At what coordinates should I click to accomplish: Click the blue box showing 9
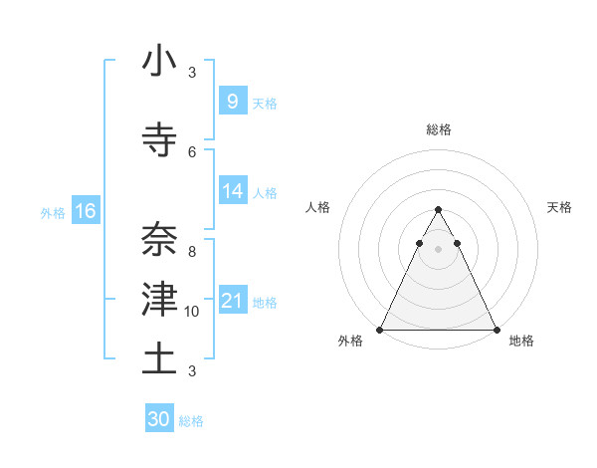point(232,101)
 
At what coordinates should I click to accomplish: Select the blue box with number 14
point(233,191)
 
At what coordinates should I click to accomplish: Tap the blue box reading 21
point(233,301)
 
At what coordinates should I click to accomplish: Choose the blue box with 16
point(85,211)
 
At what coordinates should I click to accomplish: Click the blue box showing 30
point(159,419)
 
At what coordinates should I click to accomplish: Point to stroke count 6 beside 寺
point(192,151)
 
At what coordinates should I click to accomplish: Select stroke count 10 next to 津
point(192,312)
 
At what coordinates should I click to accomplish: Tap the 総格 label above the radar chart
point(438,129)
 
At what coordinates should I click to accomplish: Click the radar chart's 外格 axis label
point(350,341)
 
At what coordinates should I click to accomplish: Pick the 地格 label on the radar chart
point(521,341)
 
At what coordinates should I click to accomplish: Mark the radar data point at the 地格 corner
point(496,330)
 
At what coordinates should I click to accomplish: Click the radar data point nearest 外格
point(380,330)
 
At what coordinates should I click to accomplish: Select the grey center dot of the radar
point(438,249)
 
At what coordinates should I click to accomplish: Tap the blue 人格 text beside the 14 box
point(265,192)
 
